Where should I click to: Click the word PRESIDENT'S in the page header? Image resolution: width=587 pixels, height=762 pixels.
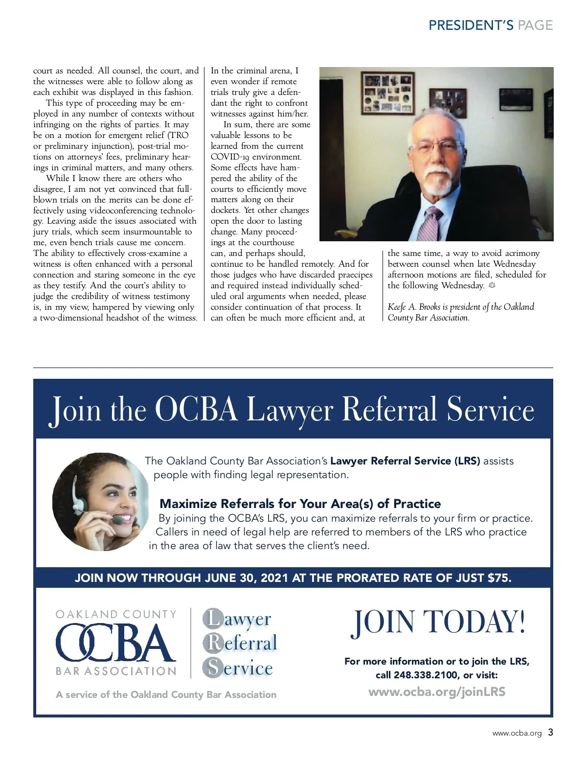[471, 25]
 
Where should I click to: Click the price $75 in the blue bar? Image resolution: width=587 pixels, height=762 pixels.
[499, 577]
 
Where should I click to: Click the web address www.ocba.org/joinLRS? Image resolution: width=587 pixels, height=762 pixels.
[436, 692]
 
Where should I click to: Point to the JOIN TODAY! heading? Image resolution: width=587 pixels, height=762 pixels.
[438, 623]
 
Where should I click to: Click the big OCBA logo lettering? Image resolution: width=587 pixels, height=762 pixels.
[115, 642]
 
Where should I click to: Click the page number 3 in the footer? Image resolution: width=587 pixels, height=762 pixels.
[550, 733]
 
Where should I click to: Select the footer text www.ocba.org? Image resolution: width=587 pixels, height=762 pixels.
[517, 733]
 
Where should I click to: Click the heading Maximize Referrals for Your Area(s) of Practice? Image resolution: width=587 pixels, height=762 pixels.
[300, 504]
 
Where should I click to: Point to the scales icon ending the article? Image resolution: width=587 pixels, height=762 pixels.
[492, 285]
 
